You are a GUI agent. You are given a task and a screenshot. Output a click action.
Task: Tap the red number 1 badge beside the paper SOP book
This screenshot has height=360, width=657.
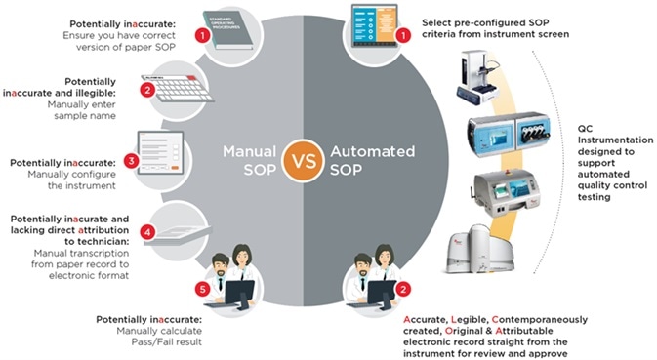tap(201, 36)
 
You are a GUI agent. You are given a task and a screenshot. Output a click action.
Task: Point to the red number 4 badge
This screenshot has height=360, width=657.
tap(147, 233)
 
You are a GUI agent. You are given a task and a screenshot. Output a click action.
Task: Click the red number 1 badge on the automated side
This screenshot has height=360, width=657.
tap(403, 36)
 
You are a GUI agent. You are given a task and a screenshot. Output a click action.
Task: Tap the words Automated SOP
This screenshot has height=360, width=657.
tap(358, 160)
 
